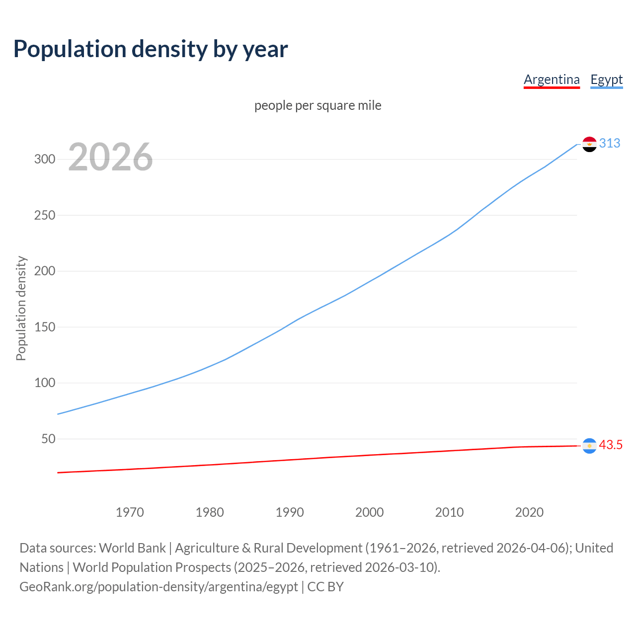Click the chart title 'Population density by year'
151,49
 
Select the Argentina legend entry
552,79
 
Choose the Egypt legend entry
606,79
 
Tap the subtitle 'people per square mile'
318,106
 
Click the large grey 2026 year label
110,157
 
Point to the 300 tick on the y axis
44,159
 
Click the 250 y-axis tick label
44,216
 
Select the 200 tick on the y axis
44,271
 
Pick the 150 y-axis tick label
44,327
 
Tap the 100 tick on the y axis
44,383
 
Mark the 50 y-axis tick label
48,439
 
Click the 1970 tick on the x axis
130,512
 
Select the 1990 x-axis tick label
290,512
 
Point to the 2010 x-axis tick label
449,512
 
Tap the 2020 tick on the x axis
529,512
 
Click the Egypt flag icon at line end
589,144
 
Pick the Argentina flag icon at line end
589,446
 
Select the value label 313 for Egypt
610,144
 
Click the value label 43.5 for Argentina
611,445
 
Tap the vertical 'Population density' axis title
21,308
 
